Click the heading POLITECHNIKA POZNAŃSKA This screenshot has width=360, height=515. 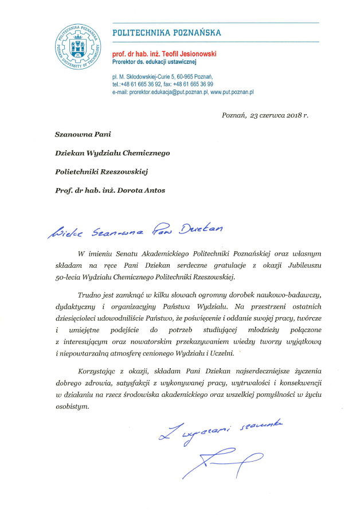click(166, 33)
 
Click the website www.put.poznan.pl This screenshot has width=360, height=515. click(232, 91)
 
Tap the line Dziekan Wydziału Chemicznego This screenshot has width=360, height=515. click(112, 153)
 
